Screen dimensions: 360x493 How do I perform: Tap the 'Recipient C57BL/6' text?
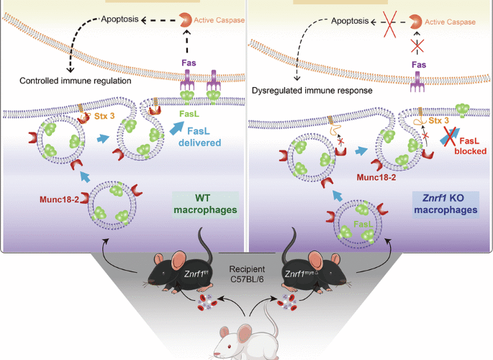pos(246,261)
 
